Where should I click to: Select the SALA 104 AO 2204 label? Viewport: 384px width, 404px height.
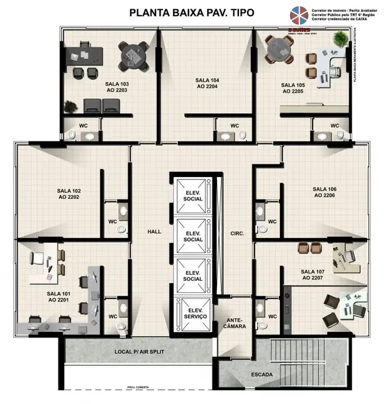click(x=207, y=83)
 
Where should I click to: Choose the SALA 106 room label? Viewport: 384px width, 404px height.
click(x=324, y=191)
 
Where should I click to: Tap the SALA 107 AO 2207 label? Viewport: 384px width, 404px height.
click(x=311, y=275)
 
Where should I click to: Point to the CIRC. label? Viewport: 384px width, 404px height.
click(x=237, y=234)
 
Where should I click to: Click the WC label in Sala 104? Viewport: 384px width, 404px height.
click(x=235, y=126)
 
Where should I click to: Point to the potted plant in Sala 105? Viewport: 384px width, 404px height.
click(x=337, y=39)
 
